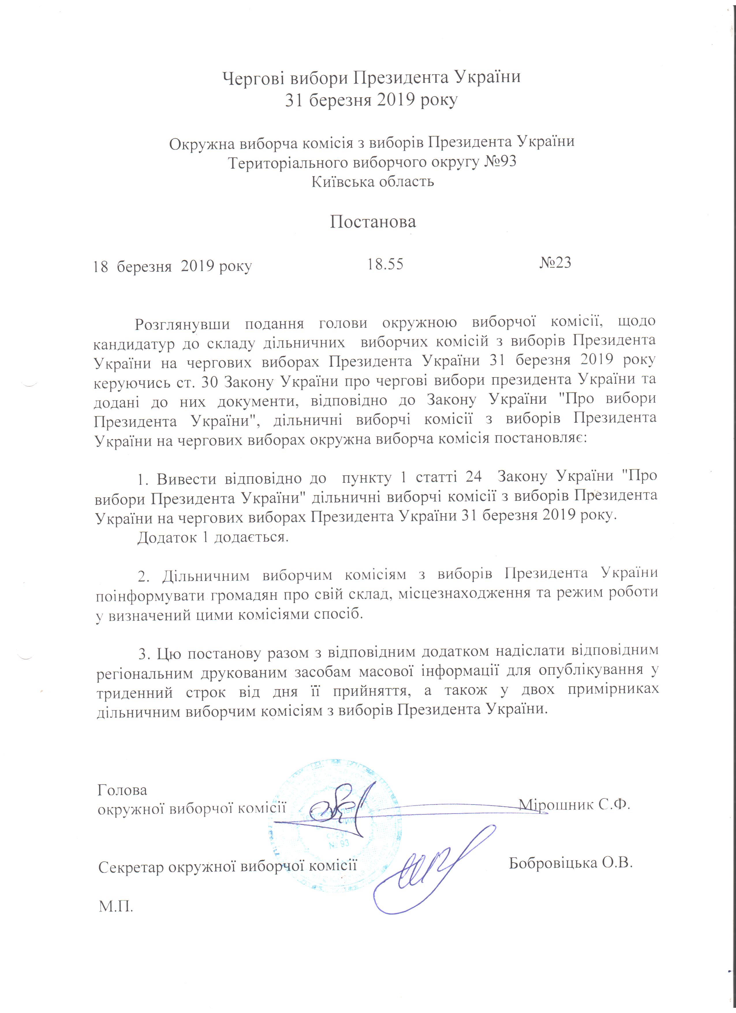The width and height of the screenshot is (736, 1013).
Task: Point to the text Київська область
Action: [373, 182]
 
